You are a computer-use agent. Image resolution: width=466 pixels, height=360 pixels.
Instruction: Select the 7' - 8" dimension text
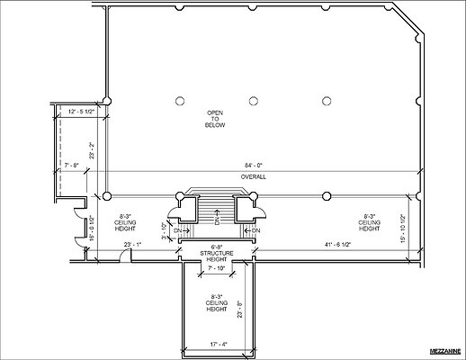pos(73,164)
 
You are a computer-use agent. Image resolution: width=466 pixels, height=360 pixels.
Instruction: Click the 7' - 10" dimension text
pos(216,267)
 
